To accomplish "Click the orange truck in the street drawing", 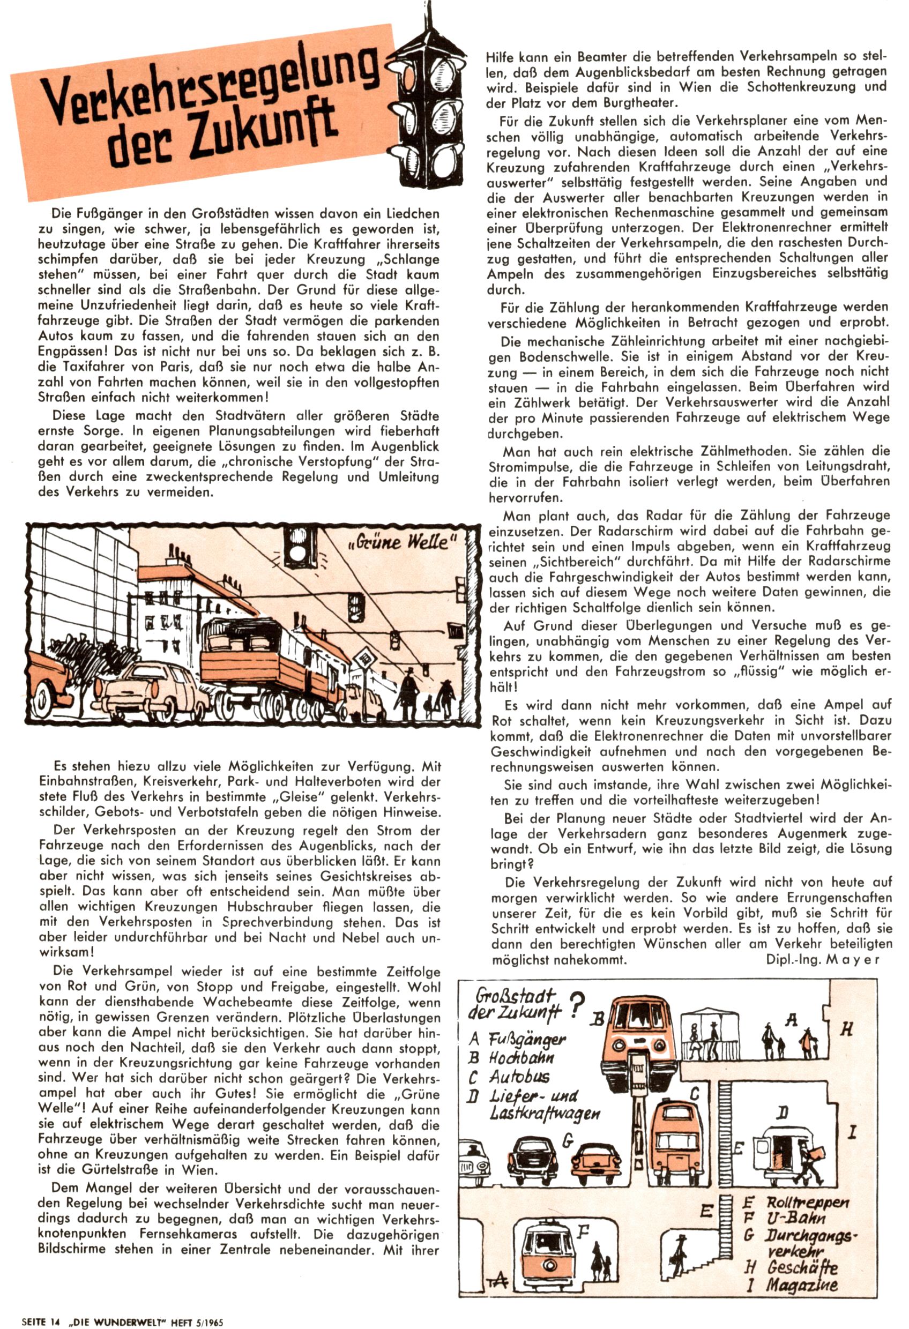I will (x=269, y=663).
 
